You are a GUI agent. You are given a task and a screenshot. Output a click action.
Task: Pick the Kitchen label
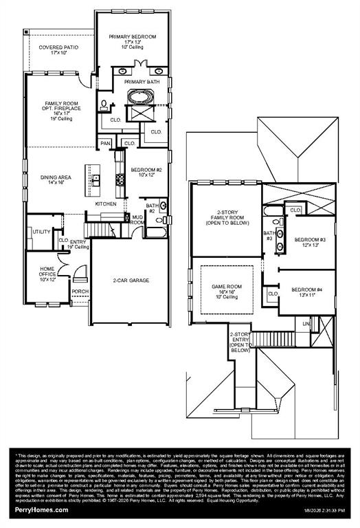point(106,204)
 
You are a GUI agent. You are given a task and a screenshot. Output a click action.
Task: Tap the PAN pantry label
point(105,143)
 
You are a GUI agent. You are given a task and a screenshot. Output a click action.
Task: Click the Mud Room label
point(137,220)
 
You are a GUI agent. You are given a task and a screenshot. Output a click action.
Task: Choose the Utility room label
point(41,232)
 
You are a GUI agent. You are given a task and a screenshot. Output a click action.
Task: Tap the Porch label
point(80,291)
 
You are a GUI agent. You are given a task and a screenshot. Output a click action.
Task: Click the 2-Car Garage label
point(131,280)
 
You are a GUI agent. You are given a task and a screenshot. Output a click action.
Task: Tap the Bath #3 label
point(270,236)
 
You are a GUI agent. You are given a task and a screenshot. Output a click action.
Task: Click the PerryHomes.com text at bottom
point(41,509)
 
